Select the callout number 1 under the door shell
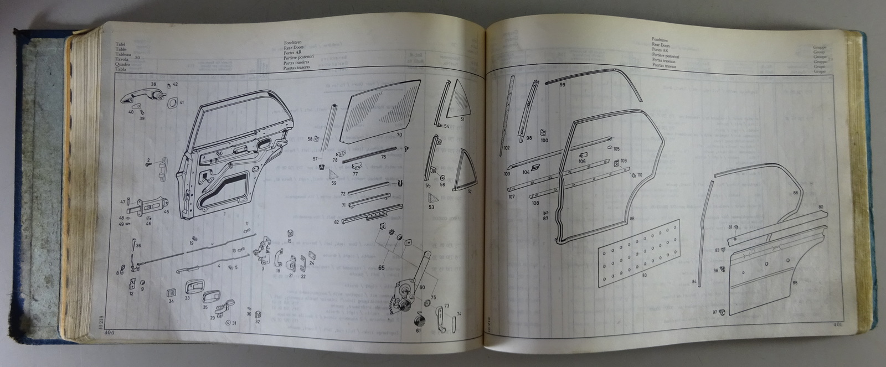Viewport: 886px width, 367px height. [x=225, y=213]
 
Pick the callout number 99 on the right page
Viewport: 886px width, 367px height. [x=563, y=85]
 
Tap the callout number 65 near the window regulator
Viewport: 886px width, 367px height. [x=381, y=267]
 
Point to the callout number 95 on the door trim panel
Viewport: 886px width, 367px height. [x=795, y=283]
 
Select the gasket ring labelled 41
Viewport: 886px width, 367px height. [x=172, y=103]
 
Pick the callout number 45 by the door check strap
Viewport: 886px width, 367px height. [x=166, y=211]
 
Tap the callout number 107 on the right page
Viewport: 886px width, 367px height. [x=512, y=196]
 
